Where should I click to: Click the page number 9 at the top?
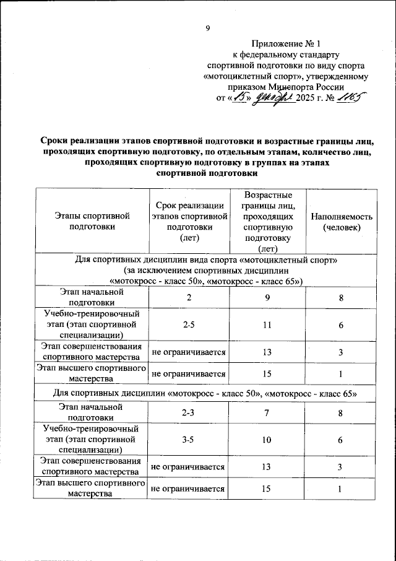(209, 28)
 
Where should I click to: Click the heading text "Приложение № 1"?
(286, 44)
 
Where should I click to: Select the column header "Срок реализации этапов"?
(188, 221)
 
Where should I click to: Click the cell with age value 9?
(268, 297)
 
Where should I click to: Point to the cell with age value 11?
(268, 324)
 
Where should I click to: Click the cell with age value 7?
(268, 412)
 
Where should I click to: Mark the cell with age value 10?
(268, 439)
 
